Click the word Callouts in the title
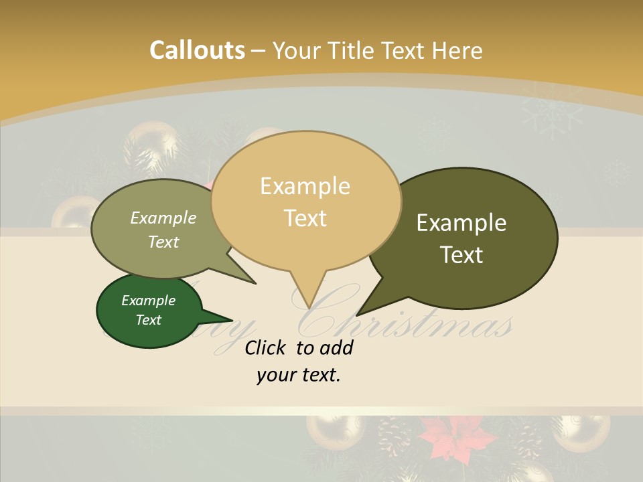(x=197, y=50)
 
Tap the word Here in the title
(x=457, y=50)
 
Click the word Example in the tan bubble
(x=305, y=185)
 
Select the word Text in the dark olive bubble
(x=461, y=255)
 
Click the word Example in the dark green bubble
(x=148, y=301)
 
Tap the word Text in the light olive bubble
(x=163, y=242)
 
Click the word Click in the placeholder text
(x=265, y=347)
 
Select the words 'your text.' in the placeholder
(x=298, y=375)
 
